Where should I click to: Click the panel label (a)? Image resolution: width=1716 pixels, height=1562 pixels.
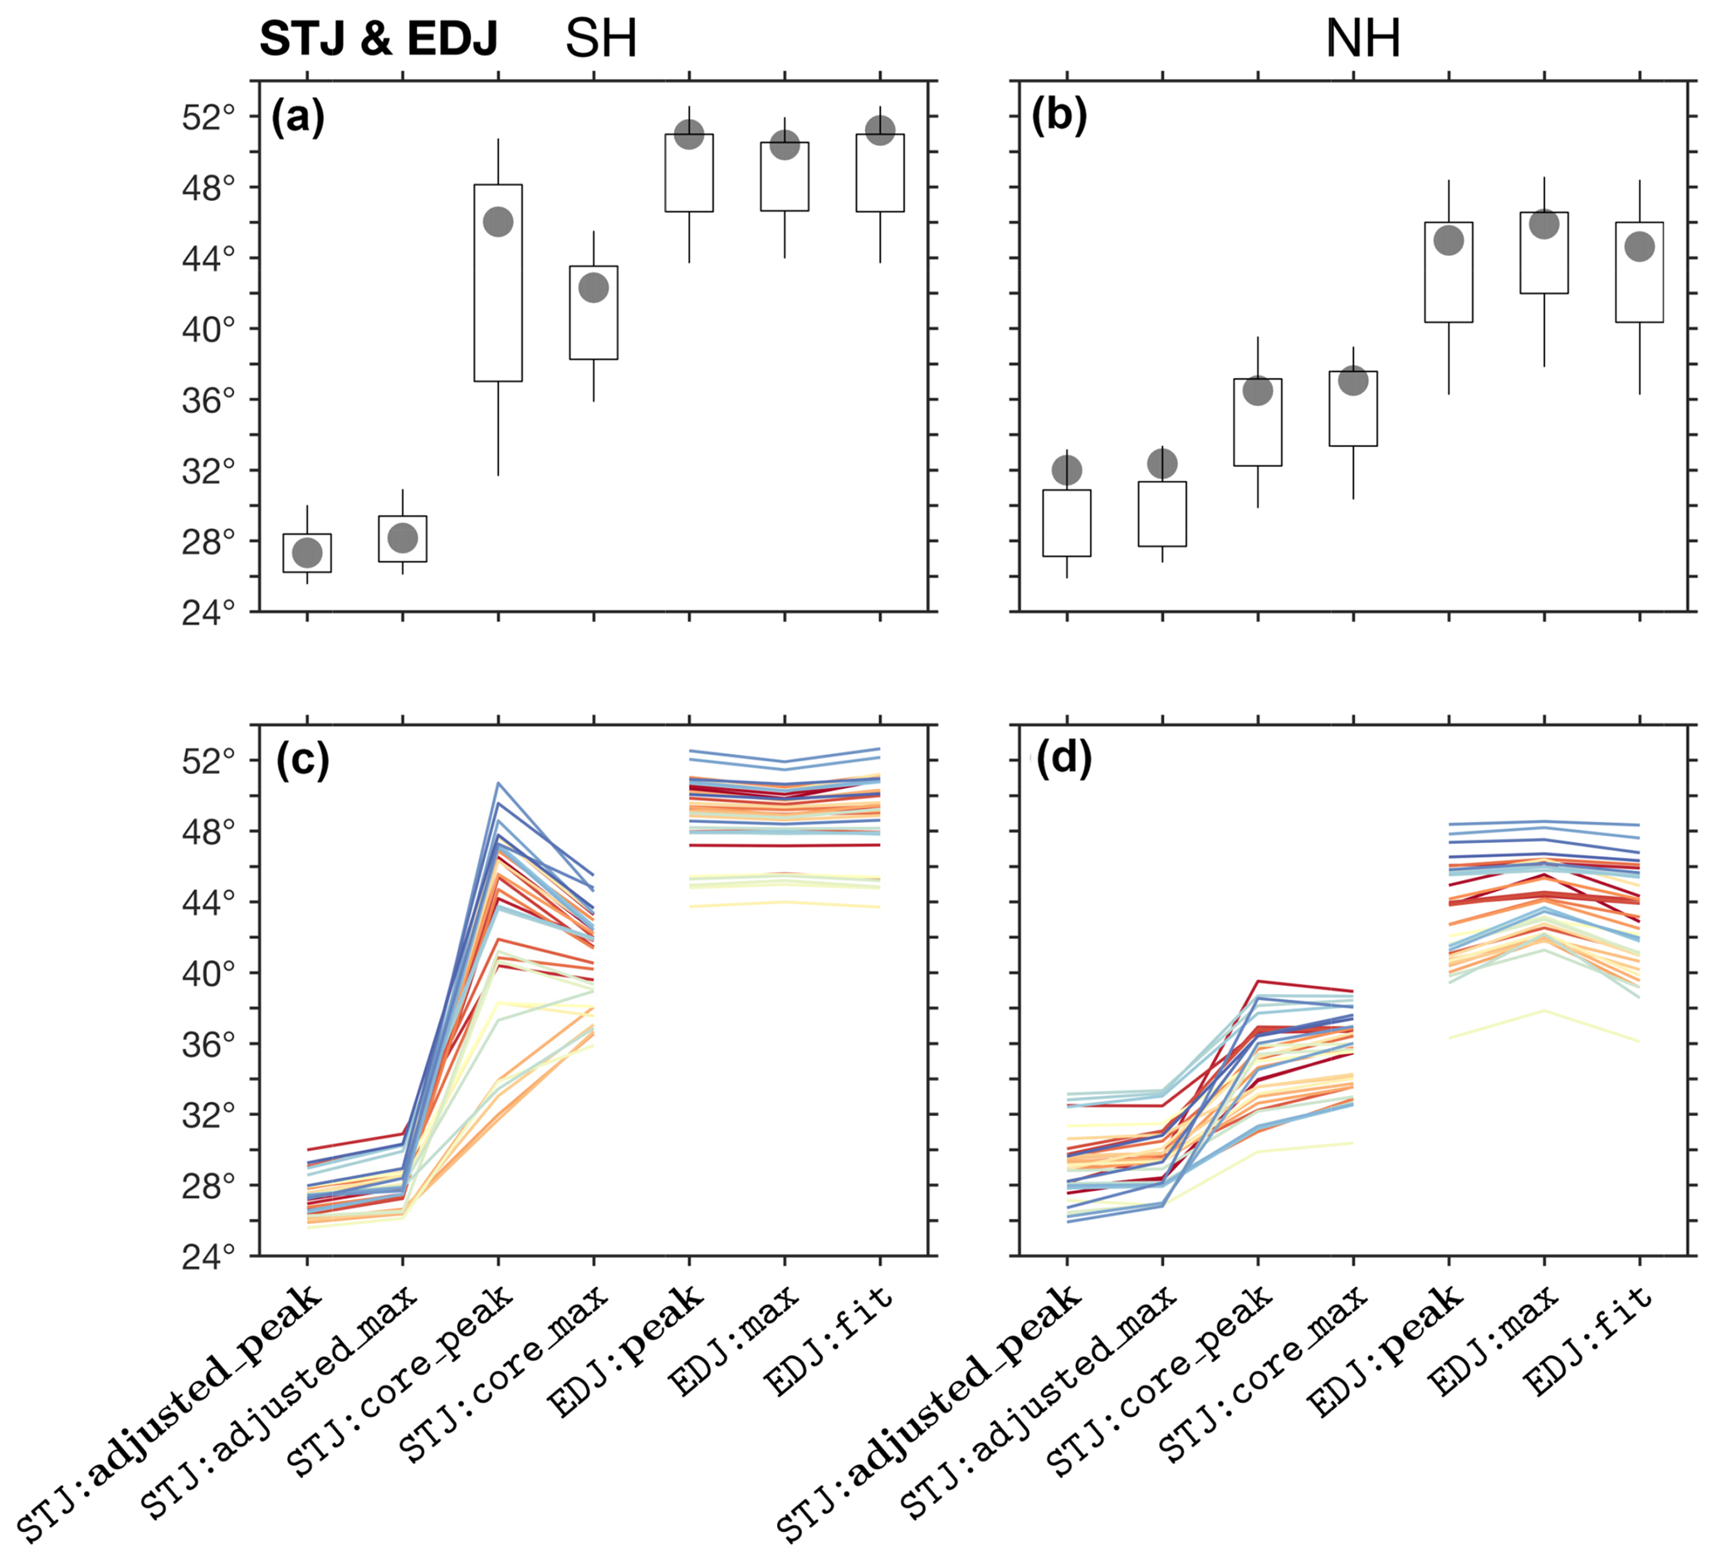click(x=298, y=116)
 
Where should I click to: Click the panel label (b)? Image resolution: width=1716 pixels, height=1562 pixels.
click(x=1058, y=115)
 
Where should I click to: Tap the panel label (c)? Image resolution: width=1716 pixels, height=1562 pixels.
click(x=302, y=760)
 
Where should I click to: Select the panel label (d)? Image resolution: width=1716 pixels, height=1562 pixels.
click(x=1063, y=758)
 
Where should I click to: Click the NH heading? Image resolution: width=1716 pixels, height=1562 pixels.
click(x=1363, y=38)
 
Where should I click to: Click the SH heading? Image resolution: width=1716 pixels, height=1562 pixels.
click(x=601, y=38)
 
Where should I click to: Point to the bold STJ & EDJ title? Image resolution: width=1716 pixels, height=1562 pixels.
click(x=378, y=38)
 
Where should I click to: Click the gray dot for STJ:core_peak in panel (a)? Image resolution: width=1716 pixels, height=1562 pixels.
click(x=498, y=223)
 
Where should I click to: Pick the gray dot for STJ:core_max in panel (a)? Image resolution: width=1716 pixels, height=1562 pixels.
click(x=594, y=287)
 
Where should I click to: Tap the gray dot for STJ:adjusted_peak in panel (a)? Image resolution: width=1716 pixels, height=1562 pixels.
click(x=307, y=553)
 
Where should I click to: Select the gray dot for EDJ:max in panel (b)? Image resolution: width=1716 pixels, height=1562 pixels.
click(x=1544, y=224)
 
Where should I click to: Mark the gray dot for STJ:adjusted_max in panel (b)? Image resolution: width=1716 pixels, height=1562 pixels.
click(x=1163, y=464)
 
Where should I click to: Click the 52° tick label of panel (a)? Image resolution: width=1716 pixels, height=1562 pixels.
click(x=208, y=117)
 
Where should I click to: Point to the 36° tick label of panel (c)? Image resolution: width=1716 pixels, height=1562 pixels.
click(x=208, y=1045)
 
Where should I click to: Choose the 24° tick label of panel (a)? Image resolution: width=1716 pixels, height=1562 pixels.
click(x=208, y=613)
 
